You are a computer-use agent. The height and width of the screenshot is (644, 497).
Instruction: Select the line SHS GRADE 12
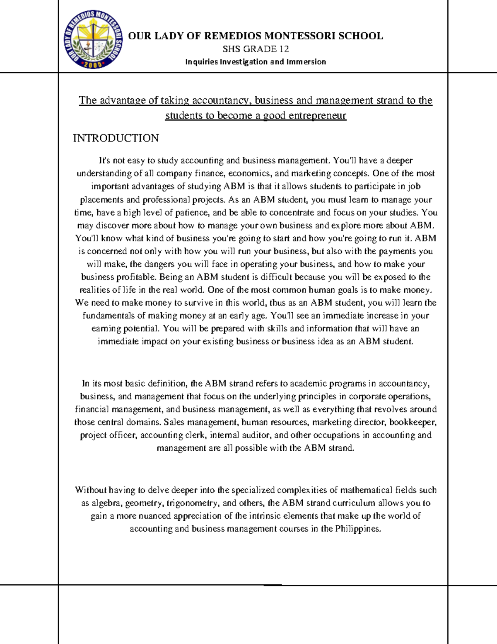point(256,49)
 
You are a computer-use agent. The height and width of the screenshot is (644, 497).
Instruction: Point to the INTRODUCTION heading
point(116,138)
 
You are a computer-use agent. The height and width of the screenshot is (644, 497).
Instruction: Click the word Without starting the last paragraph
point(91,490)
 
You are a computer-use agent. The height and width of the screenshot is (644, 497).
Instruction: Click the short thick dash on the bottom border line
point(273,585)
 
